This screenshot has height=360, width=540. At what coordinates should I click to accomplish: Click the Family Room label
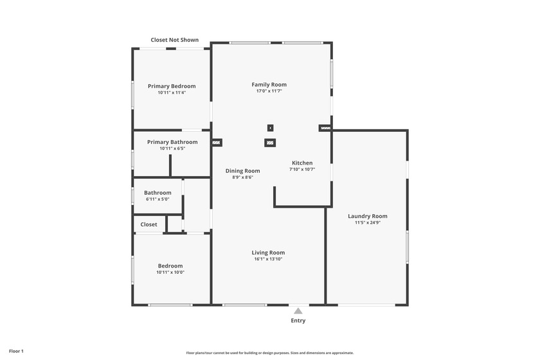269,85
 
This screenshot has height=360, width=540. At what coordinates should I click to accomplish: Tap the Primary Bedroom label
172,86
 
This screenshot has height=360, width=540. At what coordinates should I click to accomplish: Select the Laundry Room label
367,216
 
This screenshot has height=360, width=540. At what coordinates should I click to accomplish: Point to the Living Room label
268,253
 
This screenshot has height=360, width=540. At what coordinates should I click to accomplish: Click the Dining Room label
242,171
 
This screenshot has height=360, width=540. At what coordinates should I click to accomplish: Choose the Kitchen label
302,163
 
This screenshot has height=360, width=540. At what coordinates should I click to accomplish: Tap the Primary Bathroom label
172,142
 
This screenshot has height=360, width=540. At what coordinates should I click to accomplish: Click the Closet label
148,224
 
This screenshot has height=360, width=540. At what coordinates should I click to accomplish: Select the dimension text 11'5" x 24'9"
367,223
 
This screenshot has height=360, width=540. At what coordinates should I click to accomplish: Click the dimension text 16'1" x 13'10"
268,259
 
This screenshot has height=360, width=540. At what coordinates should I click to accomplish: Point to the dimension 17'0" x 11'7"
269,91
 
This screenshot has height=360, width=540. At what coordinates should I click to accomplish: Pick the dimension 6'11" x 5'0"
157,199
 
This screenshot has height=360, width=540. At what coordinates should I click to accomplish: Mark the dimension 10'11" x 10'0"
170,272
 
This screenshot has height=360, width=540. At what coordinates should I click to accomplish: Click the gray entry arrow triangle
298,310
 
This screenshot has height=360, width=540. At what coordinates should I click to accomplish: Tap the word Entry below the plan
298,320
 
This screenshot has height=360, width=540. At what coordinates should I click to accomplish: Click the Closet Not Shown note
175,40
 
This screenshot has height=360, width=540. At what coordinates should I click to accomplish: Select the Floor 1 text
16,351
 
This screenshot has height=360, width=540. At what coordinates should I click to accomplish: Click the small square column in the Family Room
270,128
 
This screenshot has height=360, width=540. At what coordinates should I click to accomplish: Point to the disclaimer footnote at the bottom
269,353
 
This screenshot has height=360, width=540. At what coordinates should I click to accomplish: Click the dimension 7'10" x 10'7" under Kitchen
302,170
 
